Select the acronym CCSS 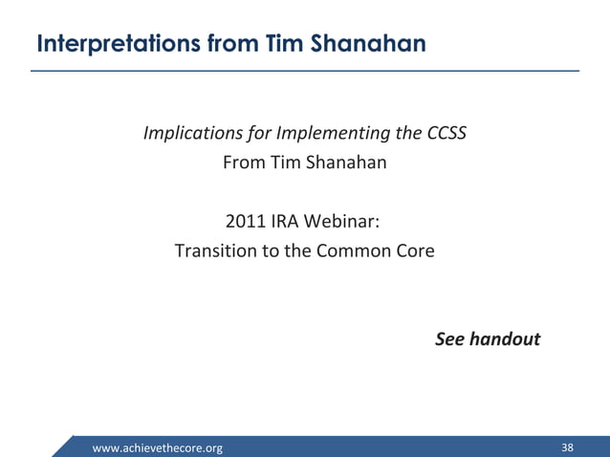[447, 132]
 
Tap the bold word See [451, 339]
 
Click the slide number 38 [568, 447]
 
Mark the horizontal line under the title [305, 71]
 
